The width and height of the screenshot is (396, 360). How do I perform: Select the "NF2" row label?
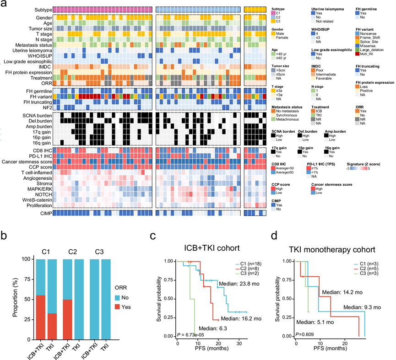coord(44,108)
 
